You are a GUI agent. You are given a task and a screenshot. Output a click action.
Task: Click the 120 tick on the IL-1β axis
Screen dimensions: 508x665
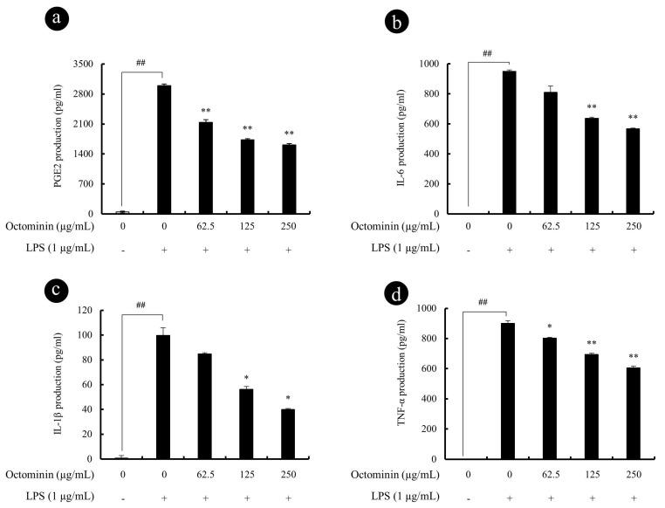pyautogui.click(x=86, y=310)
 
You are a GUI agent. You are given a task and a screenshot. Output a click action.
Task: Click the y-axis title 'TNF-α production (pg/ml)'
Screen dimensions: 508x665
pyautogui.click(x=406, y=384)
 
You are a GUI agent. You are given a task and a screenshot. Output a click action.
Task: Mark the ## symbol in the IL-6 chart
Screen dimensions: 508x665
pyautogui.click(x=487, y=54)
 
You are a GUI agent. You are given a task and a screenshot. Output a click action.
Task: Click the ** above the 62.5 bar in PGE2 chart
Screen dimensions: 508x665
pyautogui.click(x=206, y=111)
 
